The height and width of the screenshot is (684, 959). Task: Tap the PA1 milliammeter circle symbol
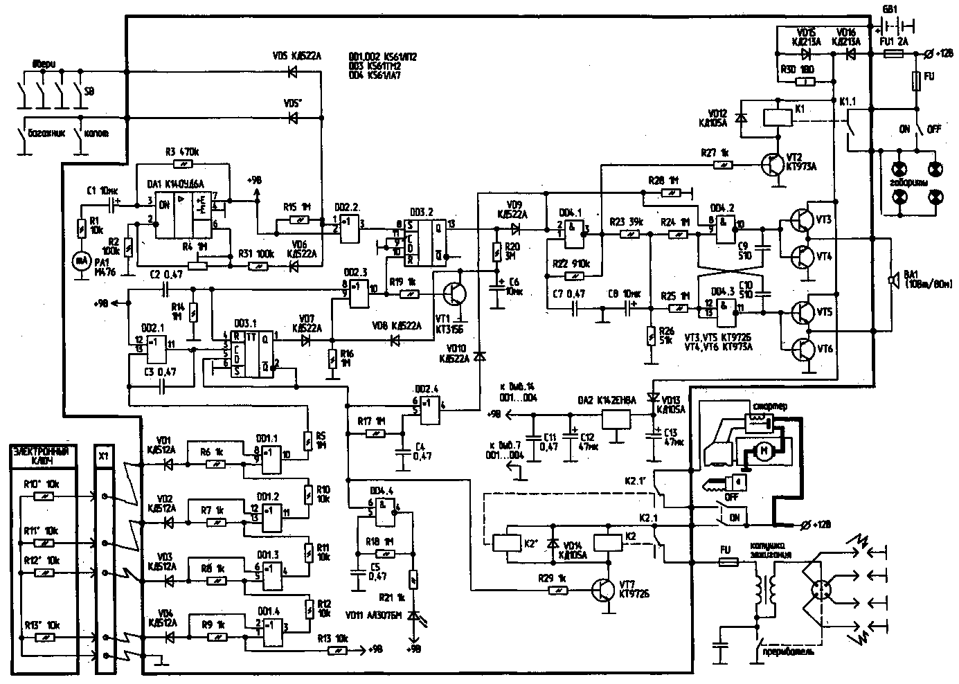(82, 260)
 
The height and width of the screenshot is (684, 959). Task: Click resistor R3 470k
(183, 165)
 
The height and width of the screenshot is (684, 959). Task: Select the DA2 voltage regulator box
(616, 417)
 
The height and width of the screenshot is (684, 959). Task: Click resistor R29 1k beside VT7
(558, 591)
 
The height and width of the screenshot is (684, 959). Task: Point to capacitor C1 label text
(102, 190)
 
